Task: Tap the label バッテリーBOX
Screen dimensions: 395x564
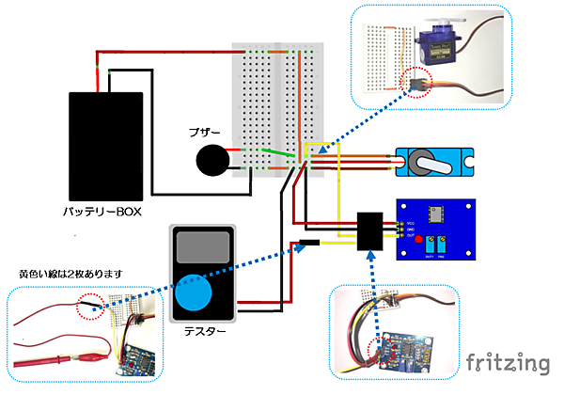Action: pos(102,213)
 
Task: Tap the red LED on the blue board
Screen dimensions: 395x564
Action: pos(415,238)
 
